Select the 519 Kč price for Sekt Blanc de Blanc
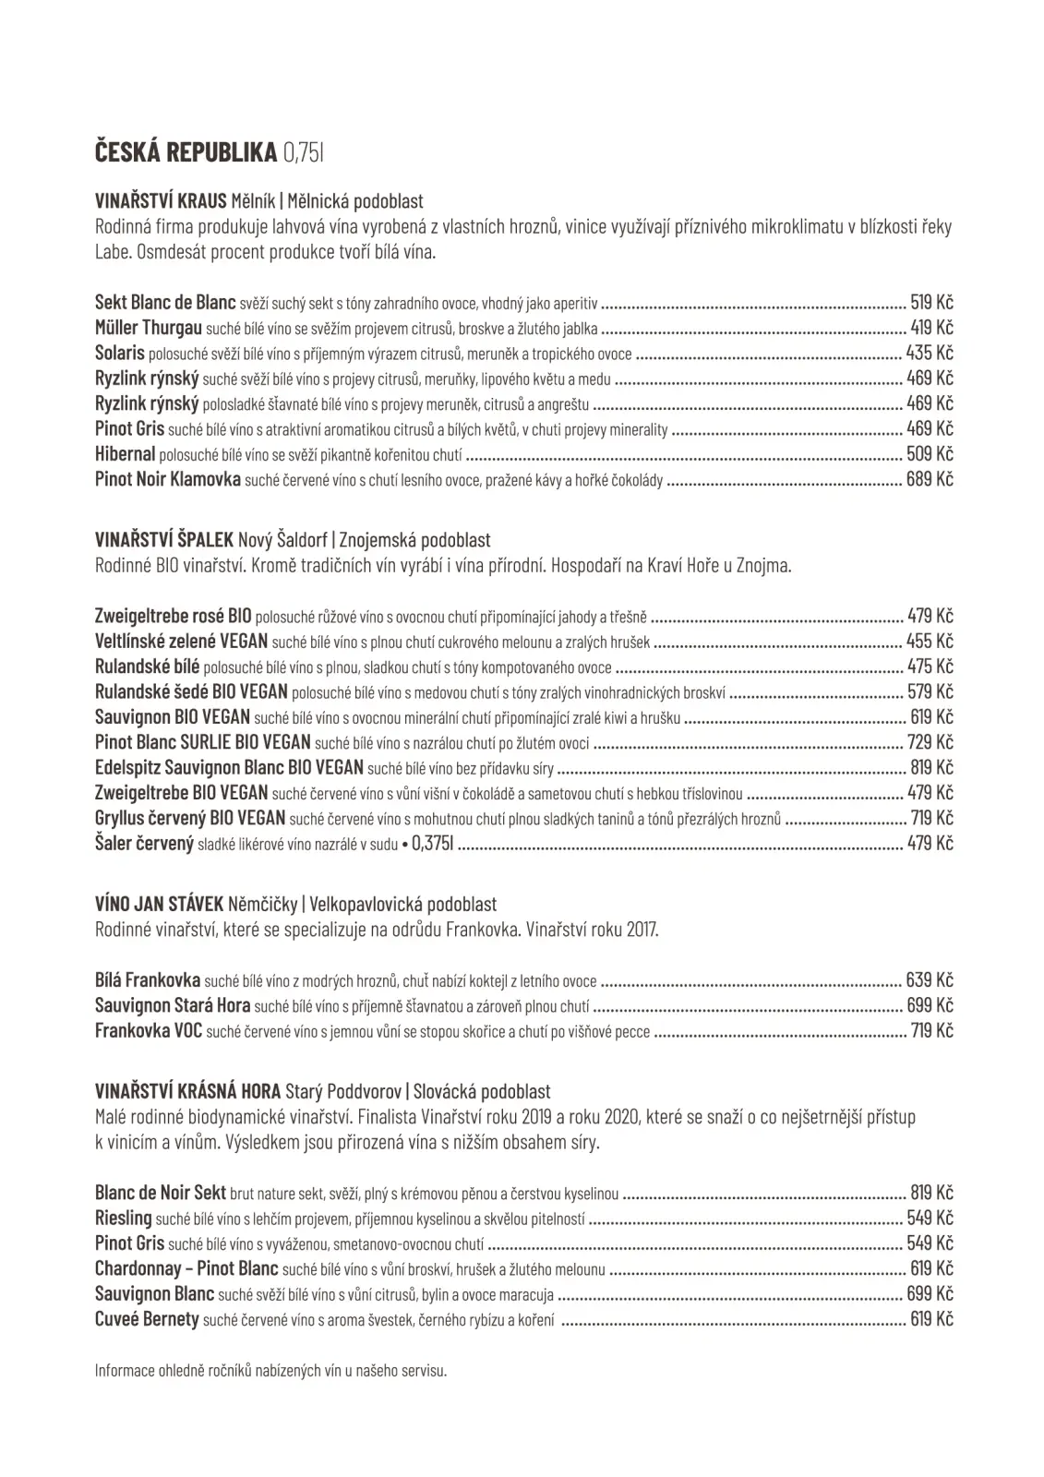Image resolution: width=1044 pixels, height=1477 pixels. pyautogui.click(x=930, y=302)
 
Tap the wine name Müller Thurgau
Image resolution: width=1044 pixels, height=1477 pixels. pyautogui.click(x=148, y=328)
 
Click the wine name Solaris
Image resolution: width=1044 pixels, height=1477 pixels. pyautogui.click(x=120, y=353)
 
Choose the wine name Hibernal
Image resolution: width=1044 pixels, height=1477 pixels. pyautogui.click(x=125, y=453)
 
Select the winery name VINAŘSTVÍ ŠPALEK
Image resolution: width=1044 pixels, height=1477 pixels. pyautogui.click(x=164, y=540)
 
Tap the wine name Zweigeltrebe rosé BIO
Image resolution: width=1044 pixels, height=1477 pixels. pyautogui.click(x=173, y=616)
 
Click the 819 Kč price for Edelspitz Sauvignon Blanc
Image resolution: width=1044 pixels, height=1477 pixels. pyautogui.click(x=930, y=767)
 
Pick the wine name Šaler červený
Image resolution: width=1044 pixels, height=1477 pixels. pyautogui.click(x=144, y=843)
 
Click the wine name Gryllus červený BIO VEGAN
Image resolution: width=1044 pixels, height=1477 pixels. pyautogui.click(x=190, y=818)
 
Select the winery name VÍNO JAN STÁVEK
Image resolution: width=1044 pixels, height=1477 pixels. pyautogui.click(x=159, y=905)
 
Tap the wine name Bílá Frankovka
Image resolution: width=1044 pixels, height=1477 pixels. pyautogui.click(x=148, y=980)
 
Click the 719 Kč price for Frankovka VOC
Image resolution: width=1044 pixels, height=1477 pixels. pyautogui.click(x=930, y=1031)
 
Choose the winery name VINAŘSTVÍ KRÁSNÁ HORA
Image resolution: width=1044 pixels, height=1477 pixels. pyautogui.click(x=188, y=1092)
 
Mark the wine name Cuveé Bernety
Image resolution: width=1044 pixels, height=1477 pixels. pyautogui.click(x=147, y=1319)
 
